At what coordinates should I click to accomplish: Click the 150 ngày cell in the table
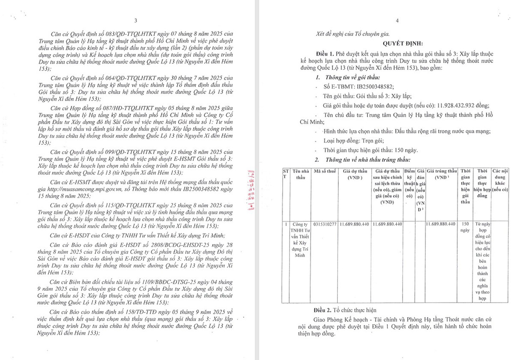466,226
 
